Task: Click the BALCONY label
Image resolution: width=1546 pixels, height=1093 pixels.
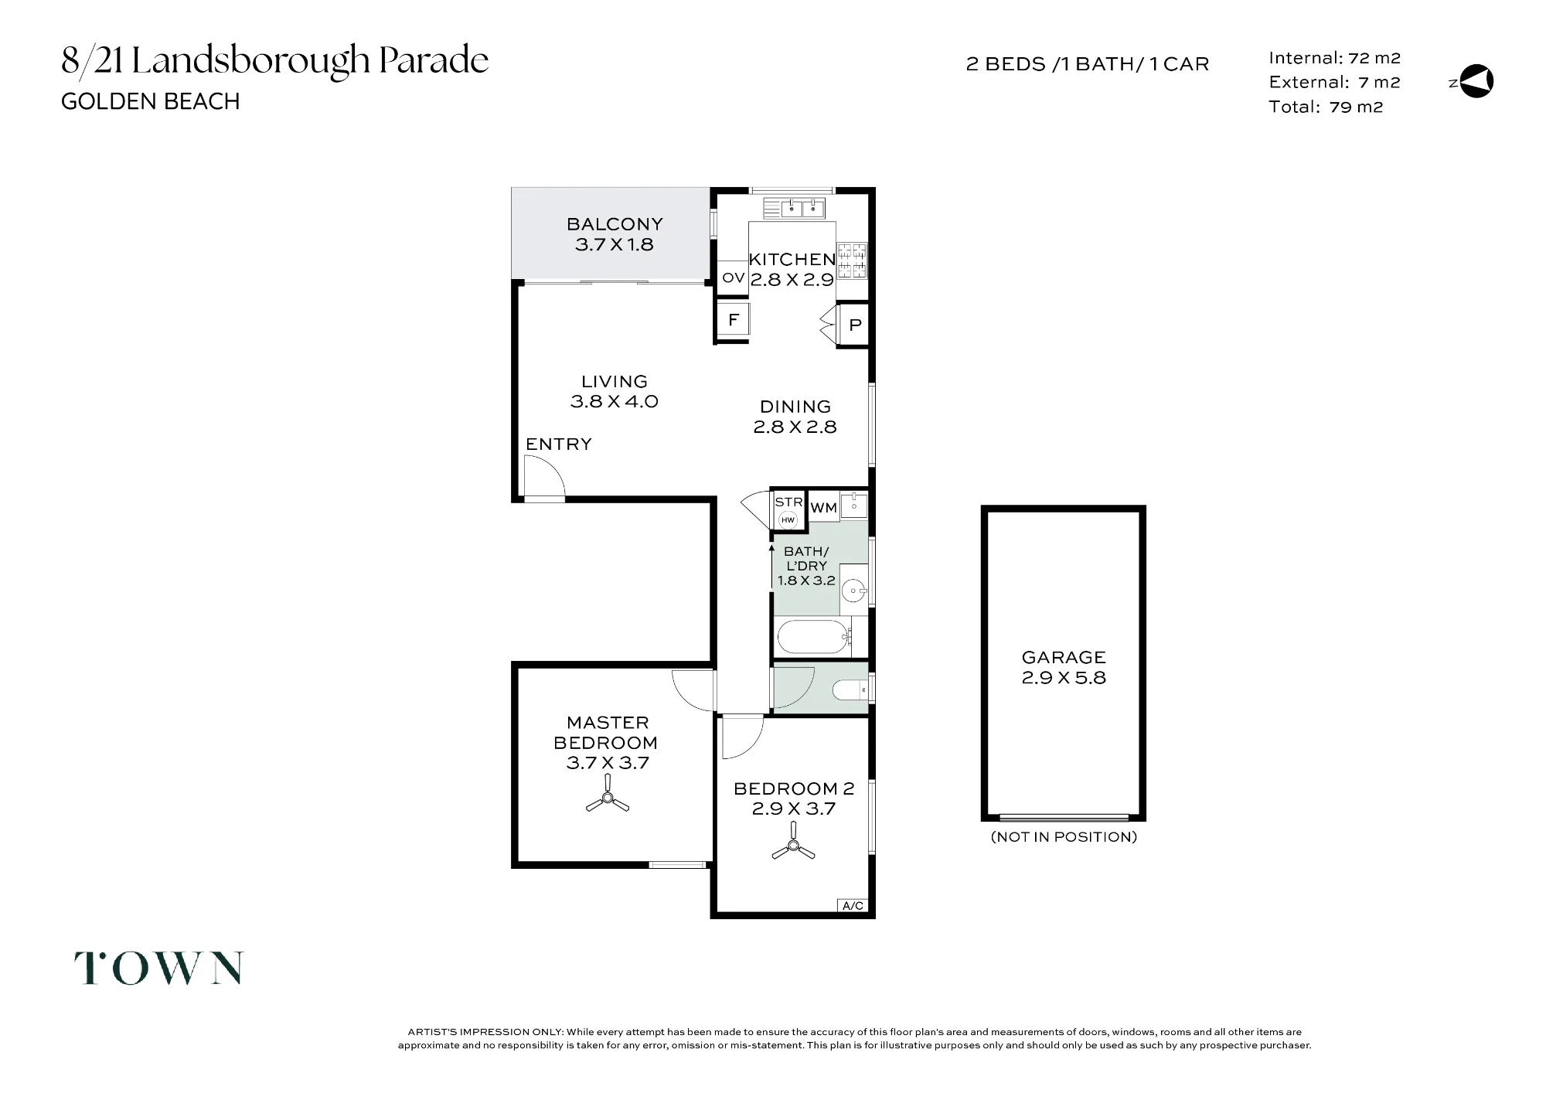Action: [x=615, y=224]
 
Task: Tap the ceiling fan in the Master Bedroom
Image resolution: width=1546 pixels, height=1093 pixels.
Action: [x=608, y=797]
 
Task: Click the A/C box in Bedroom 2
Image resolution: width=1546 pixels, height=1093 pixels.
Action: [x=853, y=905]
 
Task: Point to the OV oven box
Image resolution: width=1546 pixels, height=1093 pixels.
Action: [x=733, y=278]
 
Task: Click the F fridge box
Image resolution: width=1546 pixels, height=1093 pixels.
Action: [x=734, y=318]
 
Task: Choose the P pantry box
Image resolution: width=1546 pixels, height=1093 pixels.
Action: [x=854, y=325]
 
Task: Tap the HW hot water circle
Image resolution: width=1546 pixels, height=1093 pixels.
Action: [x=788, y=520]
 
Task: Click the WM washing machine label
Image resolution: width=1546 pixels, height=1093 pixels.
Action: [x=824, y=508]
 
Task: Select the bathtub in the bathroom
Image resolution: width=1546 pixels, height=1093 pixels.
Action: [x=814, y=637]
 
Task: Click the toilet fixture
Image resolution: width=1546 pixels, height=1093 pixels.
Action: [x=850, y=687]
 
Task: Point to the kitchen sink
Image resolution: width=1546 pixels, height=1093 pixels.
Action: [x=794, y=208]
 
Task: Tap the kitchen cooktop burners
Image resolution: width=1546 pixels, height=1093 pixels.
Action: [x=853, y=260]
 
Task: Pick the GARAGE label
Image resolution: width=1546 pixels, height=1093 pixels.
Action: [x=1064, y=658]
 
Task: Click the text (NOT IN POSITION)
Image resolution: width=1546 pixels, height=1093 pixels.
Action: [x=1064, y=837]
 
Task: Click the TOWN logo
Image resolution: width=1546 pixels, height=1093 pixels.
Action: [x=158, y=968]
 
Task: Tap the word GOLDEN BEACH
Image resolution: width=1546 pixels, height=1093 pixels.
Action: [x=151, y=101]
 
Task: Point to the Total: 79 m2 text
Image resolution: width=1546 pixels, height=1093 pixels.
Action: [x=1326, y=107]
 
